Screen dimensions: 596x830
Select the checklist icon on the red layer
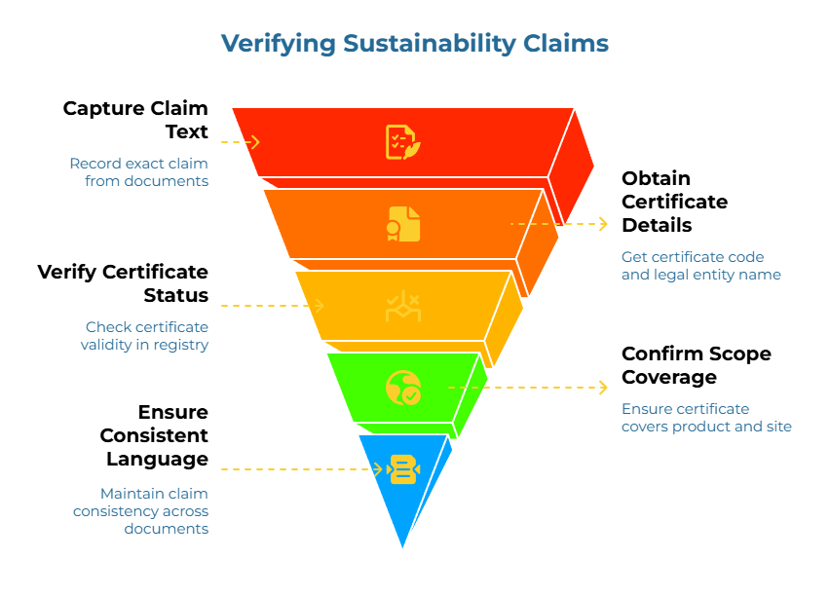coord(402,142)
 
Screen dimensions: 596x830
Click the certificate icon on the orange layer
coord(403,224)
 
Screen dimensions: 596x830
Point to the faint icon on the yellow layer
coord(402,306)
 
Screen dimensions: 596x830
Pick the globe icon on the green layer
coord(402,388)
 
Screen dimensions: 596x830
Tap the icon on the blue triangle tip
coord(402,469)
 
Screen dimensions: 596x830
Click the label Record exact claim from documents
coord(138,172)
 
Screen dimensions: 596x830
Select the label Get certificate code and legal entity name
coord(700,266)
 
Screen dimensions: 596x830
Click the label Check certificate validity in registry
coord(146,336)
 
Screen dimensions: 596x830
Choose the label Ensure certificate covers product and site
coord(705,418)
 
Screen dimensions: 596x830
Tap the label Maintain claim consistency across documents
coord(140,511)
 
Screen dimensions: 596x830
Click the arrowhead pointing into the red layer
coord(254,142)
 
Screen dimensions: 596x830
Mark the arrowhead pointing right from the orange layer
coord(603,224)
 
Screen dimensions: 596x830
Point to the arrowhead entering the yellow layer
coord(318,306)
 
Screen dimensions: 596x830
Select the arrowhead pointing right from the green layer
coord(603,388)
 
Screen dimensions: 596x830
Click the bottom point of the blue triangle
coord(401,548)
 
